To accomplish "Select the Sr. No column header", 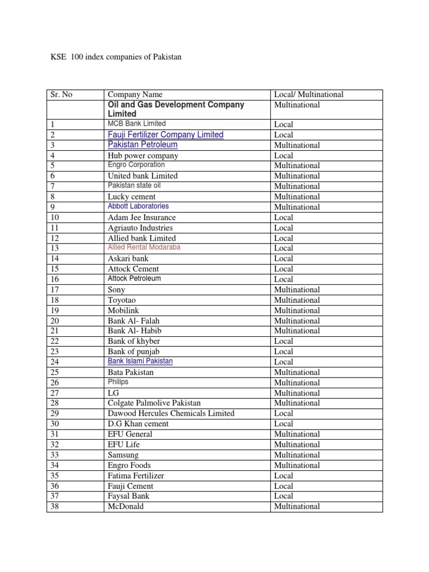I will point(61,94).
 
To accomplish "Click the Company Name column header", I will point(135,94).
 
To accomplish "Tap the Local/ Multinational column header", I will point(308,94).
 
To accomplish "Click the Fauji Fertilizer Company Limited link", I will point(165,135).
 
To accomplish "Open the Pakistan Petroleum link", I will point(142,145).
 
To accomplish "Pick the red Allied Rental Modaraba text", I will point(144,247).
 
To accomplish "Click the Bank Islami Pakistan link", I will point(140,361).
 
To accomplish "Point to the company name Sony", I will point(116,289).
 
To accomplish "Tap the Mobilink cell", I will point(123,310).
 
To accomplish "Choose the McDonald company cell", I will point(126,506).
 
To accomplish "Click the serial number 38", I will point(55,506).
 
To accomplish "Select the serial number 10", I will point(55,217).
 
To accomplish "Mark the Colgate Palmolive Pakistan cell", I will point(154,403).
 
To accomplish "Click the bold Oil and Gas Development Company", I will point(176,104).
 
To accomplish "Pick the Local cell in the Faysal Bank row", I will point(284,495).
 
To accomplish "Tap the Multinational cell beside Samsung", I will point(297,455).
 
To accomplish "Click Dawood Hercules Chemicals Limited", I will point(171,413).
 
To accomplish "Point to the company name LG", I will point(113,393).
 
